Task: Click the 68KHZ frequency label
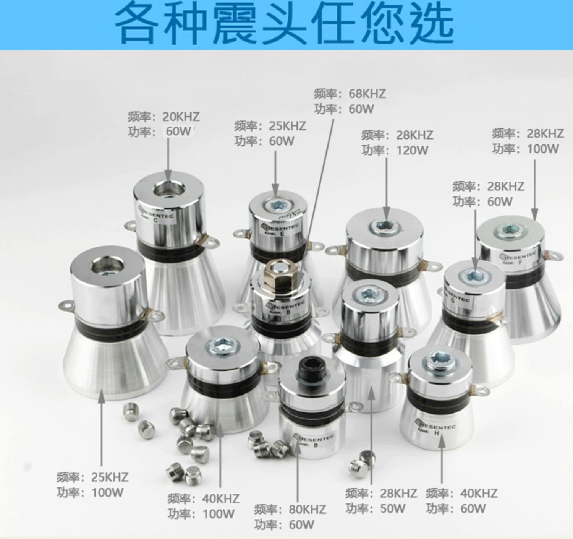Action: [367, 94]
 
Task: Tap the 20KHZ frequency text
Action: [181, 117]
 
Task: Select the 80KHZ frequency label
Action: [307, 509]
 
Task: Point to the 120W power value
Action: [412, 150]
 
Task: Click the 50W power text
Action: [392, 508]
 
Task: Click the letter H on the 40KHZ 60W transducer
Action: [437, 433]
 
